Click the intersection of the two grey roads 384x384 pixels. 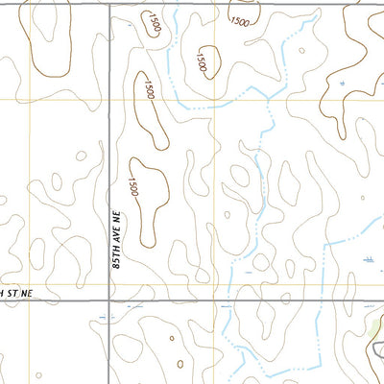coord(109,300)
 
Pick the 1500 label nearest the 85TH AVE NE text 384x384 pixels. coord(134,186)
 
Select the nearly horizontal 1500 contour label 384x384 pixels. coord(240,21)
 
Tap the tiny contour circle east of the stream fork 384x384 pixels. coord(301,51)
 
